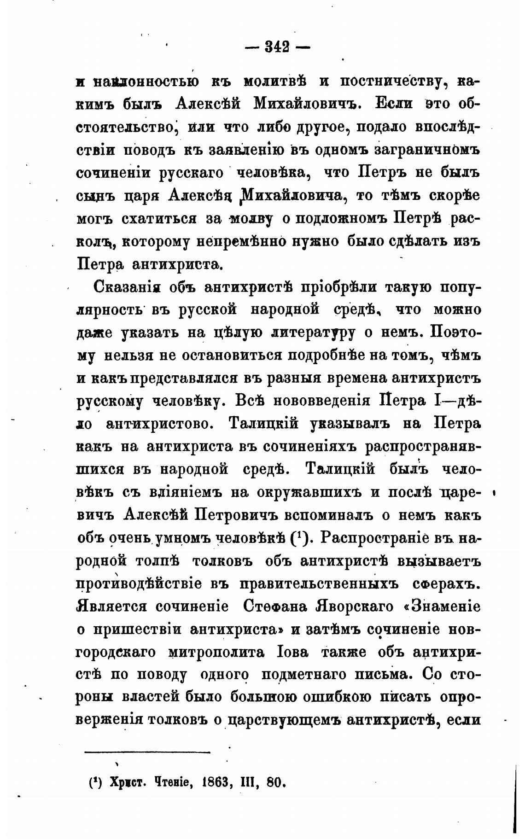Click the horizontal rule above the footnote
point(147,752)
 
